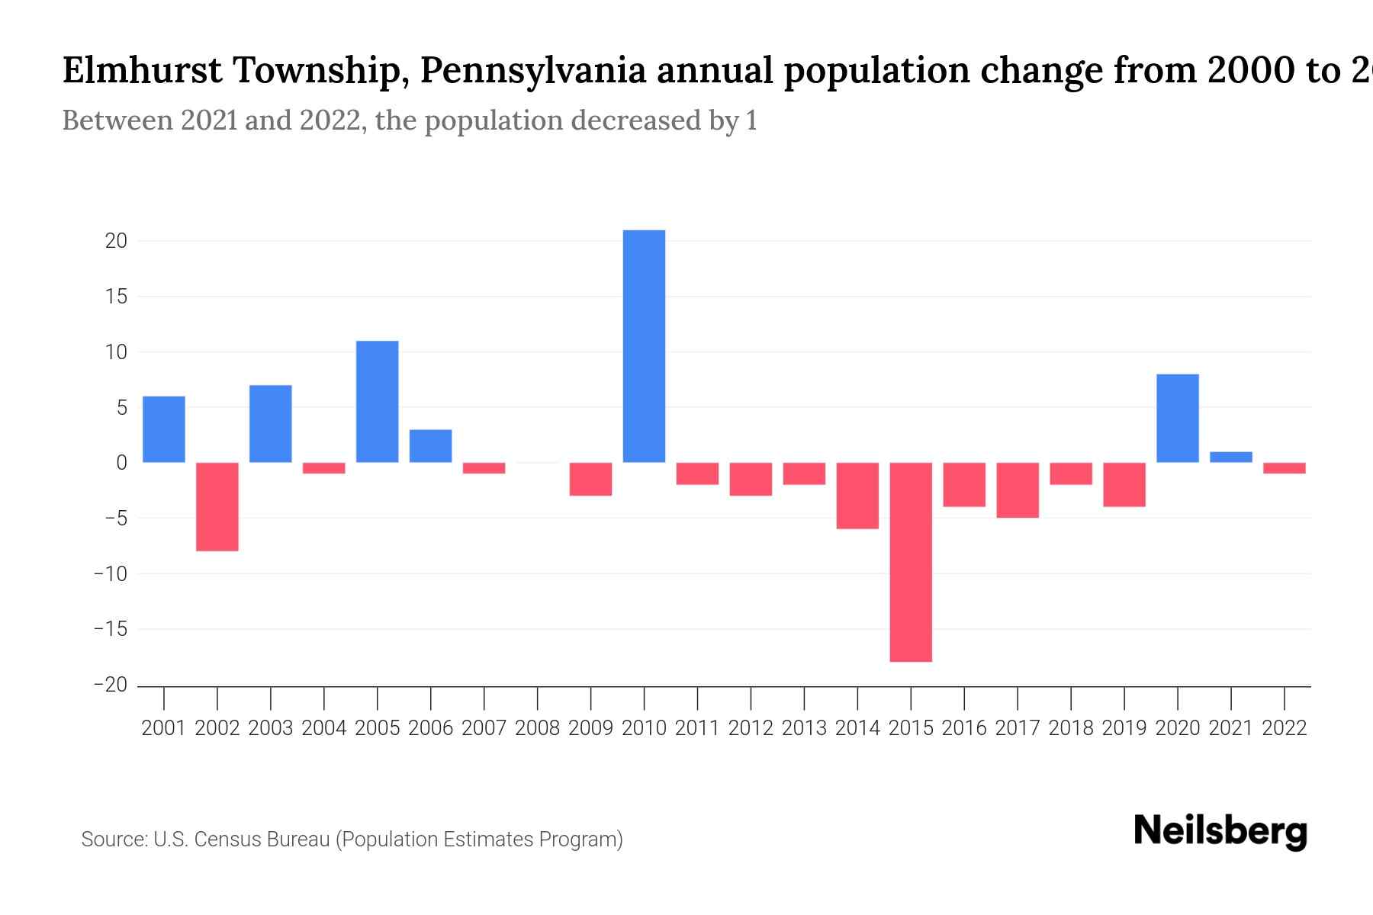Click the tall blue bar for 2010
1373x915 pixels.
[x=644, y=346]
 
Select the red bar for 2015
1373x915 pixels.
[x=911, y=562]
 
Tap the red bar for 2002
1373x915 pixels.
[x=217, y=506]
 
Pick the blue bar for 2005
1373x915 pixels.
[x=378, y=401]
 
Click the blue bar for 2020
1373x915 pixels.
[x=1178, y=418]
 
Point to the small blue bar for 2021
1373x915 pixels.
[x=1231, y=457]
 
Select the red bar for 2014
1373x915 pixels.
[x=857, y=496]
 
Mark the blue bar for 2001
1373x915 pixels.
[x=164, y=429]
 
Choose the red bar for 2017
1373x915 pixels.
[x=1018, y=490]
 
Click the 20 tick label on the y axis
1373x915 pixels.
[x=116, y=241]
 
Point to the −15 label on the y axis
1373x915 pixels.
[x=110, y=630]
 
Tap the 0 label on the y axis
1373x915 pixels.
[x=121, y=463]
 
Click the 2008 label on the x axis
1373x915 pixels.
[x=538, y=728]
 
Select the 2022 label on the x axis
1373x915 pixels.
[x=1285, y=728]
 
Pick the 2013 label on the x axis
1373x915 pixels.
[x=804, y=728]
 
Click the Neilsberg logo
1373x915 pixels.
[x=1220, y=831]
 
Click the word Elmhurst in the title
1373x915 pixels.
[x=142, y=71]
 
